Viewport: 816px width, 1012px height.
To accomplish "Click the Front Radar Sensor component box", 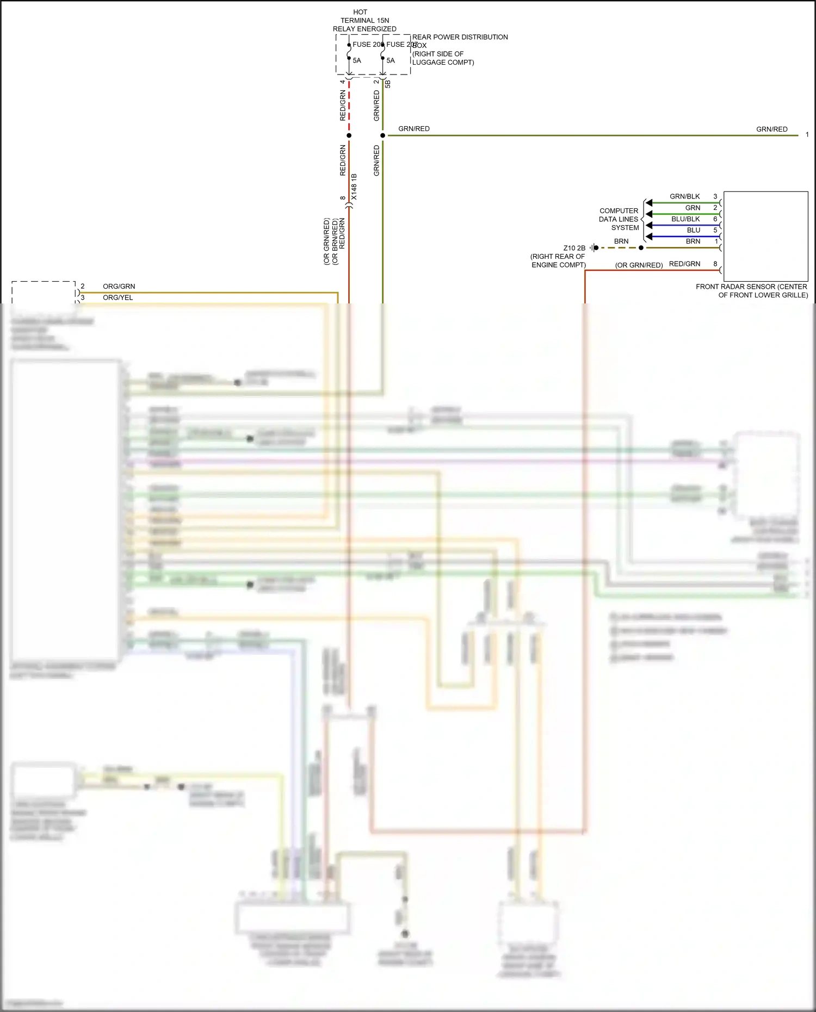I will click(x=765, y=235).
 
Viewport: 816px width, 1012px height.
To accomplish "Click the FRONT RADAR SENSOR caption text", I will click(x=752, y=291).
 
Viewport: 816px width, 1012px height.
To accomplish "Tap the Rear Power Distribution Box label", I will click(x=460, y=49).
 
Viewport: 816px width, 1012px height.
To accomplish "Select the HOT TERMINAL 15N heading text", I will click(x=364, y=20).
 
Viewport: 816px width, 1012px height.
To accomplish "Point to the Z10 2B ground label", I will click(x=574, y=248).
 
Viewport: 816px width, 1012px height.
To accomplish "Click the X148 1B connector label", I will click(x=354, y=187).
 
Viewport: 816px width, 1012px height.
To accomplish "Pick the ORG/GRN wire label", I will click(x=119, y=287).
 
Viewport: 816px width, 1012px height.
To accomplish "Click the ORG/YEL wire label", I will click(x=118, y=298).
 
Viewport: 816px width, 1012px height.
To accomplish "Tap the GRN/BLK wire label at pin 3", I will click(x=684, y=196).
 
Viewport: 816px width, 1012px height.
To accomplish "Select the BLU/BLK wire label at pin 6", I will click(x=685, y=219).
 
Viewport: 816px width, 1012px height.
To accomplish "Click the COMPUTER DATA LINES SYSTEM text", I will click(x=619, y=219).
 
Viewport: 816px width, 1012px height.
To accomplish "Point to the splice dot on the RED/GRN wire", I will click(x=349, y=135).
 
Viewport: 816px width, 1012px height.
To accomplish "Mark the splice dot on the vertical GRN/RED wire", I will click(x=383, y=135).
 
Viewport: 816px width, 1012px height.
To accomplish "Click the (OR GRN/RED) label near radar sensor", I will click(x=639, y=265).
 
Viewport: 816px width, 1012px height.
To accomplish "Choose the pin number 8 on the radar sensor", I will click(x=715, y=264).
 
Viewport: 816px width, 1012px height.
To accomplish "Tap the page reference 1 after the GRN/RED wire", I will click(x=807, y=134).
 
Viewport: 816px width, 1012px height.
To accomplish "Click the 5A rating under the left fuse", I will click(x=357, y=60).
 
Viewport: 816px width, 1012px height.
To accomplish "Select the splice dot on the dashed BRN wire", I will click(x=641, y=248).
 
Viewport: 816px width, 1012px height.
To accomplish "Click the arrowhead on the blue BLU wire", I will click(x=648, y=237).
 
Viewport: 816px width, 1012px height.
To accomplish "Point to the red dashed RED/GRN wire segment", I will click(x=349, y=106).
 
